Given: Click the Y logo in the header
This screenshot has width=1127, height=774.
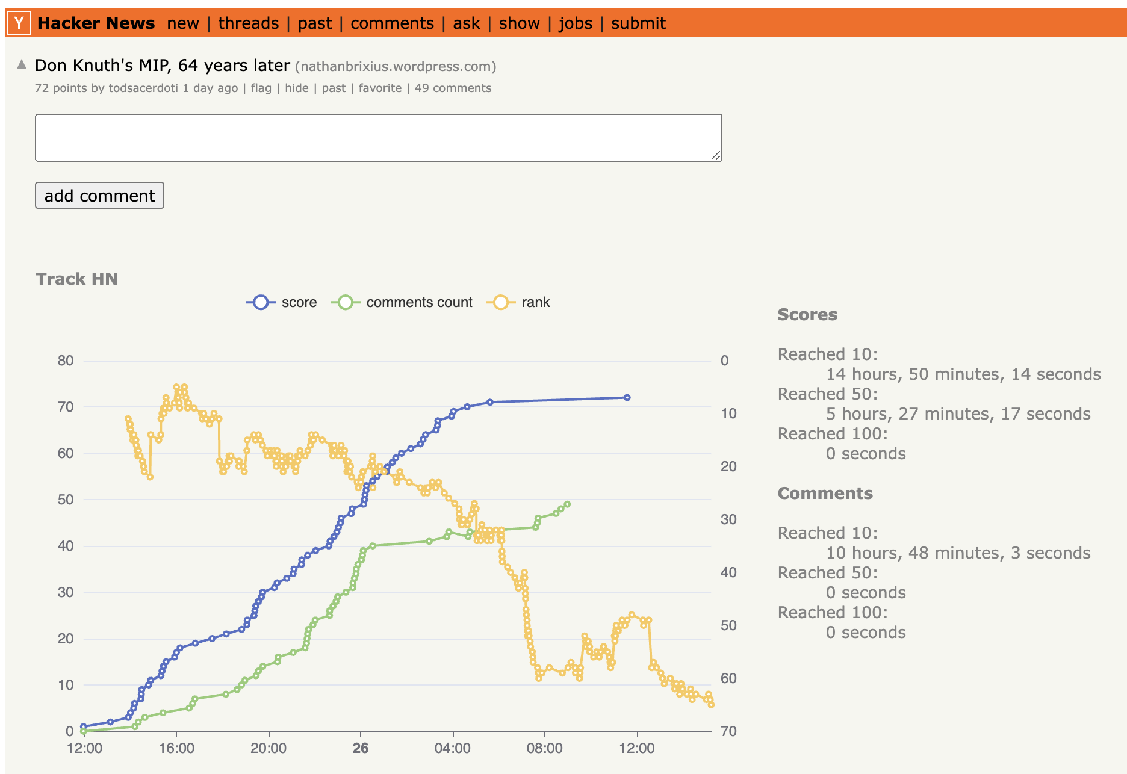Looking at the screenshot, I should [19, 23].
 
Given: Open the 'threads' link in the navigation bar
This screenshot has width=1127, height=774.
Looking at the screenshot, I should [248, 23].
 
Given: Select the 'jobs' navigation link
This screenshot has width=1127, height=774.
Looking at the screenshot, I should [575, 23].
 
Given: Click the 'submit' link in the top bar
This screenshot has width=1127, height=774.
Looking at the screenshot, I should [638, 23].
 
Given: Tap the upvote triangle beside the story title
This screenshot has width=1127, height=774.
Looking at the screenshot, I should [22, 64].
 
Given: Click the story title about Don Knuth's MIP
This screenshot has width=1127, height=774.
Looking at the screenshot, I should [162, 65].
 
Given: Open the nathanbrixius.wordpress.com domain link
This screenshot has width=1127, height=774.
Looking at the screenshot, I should [396, 66].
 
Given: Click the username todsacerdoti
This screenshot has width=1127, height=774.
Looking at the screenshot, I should [143, 88].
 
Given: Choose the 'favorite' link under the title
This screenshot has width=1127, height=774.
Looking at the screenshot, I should [379, 88].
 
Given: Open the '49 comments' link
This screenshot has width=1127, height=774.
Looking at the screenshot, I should [453, 88].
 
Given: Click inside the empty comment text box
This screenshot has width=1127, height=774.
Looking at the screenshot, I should [378, 137].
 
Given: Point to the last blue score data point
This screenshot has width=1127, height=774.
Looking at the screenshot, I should [627, 398].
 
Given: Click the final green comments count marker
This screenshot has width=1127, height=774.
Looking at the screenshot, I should [567, 504].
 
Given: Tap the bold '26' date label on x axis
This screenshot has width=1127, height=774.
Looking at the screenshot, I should [360, 748].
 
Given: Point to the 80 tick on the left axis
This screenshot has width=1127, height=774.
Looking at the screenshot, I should [66, 361].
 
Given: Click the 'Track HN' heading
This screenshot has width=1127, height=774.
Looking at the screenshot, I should [76, 279].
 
